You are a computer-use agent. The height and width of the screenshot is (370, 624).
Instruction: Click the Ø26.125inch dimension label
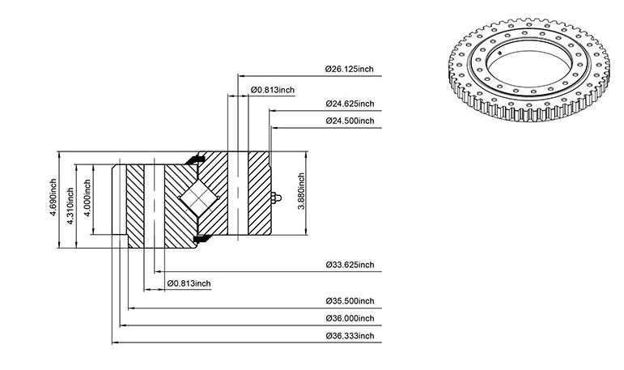(350, 69)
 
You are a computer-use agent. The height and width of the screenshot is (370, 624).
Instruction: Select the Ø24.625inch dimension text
(350, 104)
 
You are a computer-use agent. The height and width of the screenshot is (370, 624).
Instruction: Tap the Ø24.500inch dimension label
(350, 121)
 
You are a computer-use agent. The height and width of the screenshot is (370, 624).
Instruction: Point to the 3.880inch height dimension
(301, 191)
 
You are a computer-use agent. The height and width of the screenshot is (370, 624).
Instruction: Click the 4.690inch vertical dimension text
(53, 198)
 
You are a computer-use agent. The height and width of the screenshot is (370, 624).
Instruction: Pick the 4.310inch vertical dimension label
(70, 206)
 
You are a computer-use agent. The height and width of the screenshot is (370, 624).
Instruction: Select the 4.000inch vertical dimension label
(87, 198)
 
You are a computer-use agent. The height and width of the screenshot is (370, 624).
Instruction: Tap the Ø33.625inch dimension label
(350, 265)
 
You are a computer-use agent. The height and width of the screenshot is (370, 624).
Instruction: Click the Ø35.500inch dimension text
(350, 301)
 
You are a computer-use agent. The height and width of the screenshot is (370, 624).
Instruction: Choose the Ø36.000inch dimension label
(350, 319)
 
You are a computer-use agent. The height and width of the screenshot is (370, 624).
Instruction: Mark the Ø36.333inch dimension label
(350, 336)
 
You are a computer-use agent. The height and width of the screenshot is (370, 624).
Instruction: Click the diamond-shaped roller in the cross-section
(198, 198)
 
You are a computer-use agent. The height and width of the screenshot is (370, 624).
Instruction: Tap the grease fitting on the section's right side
(276, 198)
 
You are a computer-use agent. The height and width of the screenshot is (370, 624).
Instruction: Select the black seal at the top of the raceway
(194, 159)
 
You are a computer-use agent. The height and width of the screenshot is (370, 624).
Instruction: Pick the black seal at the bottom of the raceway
(201, 239)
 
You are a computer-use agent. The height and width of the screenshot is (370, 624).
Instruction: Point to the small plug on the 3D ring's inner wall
(500, 52)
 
